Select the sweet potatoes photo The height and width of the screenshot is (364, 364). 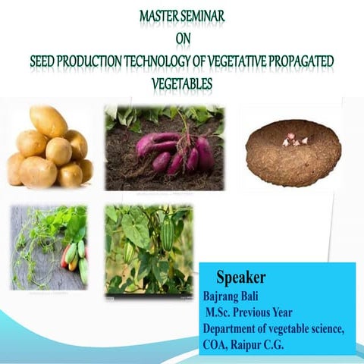tap(164, 147)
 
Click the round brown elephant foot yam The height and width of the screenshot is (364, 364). tap(293, 148)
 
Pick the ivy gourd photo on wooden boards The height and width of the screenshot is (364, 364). tap(49, 246)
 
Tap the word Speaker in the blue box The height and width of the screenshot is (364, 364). tap(240, 277)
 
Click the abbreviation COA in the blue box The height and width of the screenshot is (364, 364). tap(216, 343)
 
